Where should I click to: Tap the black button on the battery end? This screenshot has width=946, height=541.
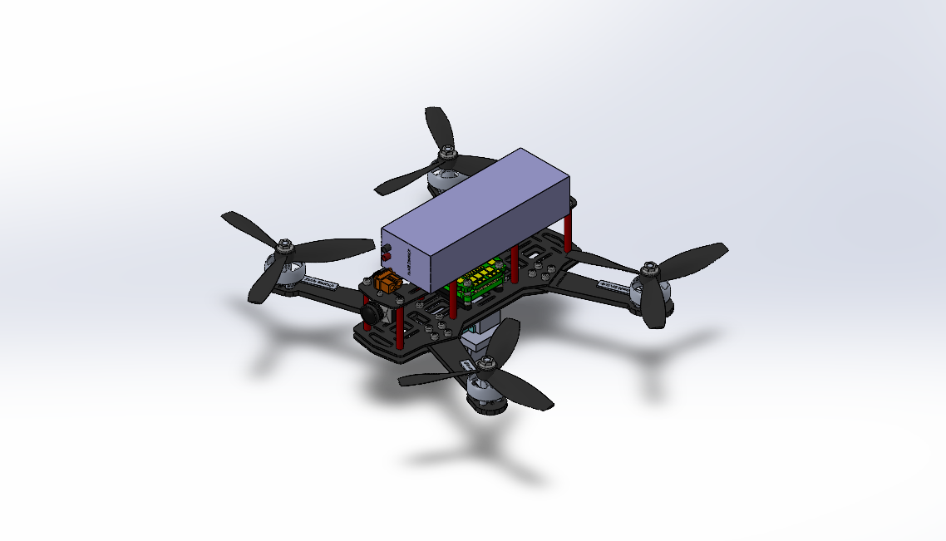pyautogui.click(x=385, y=248)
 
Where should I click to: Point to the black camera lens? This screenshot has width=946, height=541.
pyautogui.click(x=371, y=313)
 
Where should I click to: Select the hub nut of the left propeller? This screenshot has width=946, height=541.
pyautogui.click(x=285, y=247)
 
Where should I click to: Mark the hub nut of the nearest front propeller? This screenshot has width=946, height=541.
pyautogui.click(x=487, y=363)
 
